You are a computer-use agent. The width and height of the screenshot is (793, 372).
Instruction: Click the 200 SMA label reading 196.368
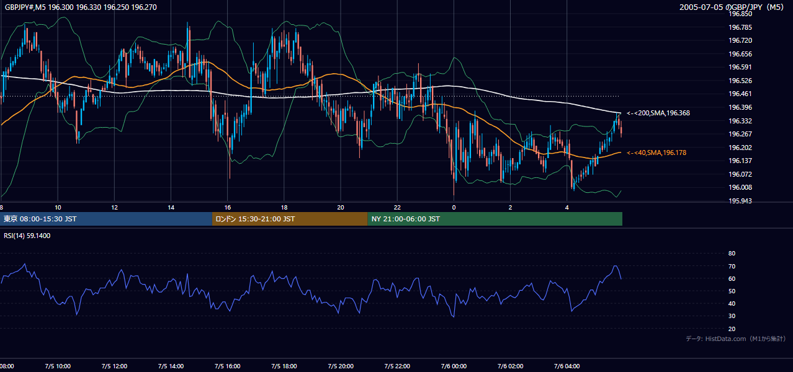pos(658,113)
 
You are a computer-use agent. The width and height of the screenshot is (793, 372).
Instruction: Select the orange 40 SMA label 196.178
pos(656,153)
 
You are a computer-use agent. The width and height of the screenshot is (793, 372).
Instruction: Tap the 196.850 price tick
pos(740,14)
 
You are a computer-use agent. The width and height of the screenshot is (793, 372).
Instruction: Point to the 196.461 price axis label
pos(740,94)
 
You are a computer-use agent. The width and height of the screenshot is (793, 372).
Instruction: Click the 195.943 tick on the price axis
pos(740,201)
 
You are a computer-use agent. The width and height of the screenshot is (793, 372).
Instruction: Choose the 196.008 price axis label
pos(740,187)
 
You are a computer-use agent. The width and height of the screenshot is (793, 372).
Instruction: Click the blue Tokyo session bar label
pos(40,219)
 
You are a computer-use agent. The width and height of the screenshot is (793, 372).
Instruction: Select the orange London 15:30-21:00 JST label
pos(255,219)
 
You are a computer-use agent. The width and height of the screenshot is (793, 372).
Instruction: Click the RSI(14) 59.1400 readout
pos(27,236)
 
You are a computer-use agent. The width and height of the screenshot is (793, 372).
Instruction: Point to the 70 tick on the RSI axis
pos(732,266)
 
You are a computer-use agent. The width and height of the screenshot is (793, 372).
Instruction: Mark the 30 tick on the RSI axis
pos(732,316)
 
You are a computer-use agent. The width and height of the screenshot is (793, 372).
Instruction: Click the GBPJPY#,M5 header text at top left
pos(81,7)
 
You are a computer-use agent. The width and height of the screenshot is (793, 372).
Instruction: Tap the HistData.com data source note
pos(736,339)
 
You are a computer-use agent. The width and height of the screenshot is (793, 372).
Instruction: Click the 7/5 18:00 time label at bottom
pos(284,366)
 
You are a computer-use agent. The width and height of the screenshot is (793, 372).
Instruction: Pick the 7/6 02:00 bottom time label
pos(510,366)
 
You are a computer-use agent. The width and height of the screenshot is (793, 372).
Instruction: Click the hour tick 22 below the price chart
pos(397,208)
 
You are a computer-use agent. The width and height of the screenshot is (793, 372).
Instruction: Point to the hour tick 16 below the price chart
pos(228,208)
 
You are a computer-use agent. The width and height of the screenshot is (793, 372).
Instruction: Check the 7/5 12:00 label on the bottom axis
pos(114,366)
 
